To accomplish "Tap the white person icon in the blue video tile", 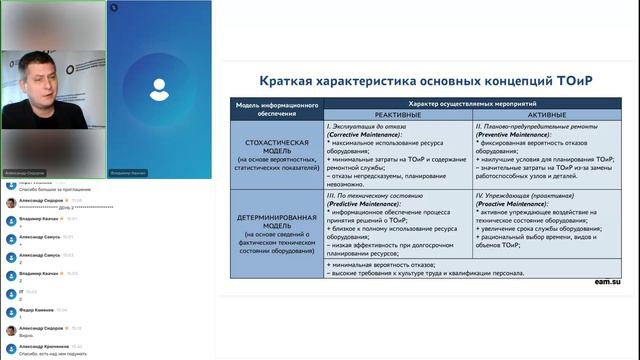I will (159, 89).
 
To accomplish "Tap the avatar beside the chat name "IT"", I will (11, 292).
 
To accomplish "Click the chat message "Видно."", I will (26, 335).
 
